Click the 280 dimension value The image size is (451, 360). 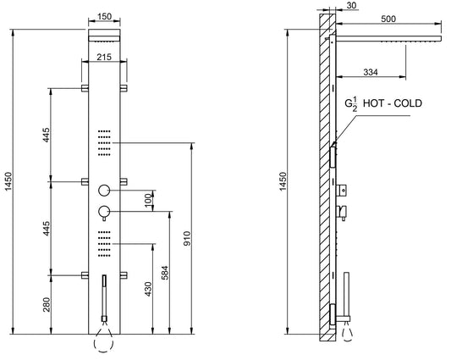pos(47,303)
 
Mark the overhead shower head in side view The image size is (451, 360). pos(389,39)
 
